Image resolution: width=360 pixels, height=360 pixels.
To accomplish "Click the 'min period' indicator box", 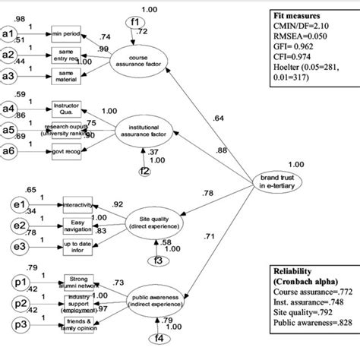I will [68, 34].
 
